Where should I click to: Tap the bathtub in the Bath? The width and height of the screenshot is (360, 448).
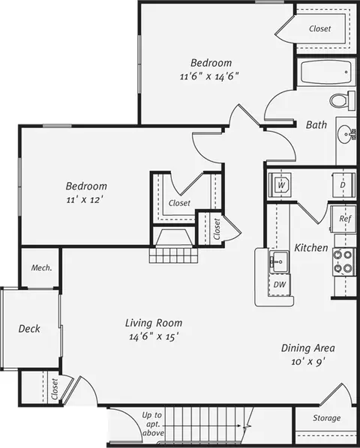pos(326,72)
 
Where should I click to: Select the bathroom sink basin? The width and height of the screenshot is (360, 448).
pos(346,133)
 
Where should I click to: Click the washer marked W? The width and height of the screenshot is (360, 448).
pos(280,185)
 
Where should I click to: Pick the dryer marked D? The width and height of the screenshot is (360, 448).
pos(344,185)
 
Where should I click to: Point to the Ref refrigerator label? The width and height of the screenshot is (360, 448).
pos(345,219)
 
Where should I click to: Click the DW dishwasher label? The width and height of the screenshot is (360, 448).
pos(280,285)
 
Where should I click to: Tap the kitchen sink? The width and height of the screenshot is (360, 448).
pos(279,261)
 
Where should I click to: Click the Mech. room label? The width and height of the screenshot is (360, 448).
pos(42,267)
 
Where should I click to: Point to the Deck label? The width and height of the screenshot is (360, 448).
pos(29,329)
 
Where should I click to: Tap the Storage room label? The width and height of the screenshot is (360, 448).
pos(326,418)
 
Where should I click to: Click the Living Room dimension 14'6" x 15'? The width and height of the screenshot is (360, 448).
pos(154,337)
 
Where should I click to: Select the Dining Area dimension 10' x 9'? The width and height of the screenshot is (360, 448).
pos(308,362)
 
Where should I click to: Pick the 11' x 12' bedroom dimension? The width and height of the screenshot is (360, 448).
pos(84,200)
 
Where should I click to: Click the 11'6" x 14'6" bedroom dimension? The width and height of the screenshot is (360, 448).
pos(209,76)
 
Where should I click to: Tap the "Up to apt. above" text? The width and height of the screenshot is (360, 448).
pos(152,424)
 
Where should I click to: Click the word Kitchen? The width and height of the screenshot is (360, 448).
pos(311,247)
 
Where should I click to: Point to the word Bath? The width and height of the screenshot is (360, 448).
pos(316,124)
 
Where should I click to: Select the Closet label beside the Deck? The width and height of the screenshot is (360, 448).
pos(54,389)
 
